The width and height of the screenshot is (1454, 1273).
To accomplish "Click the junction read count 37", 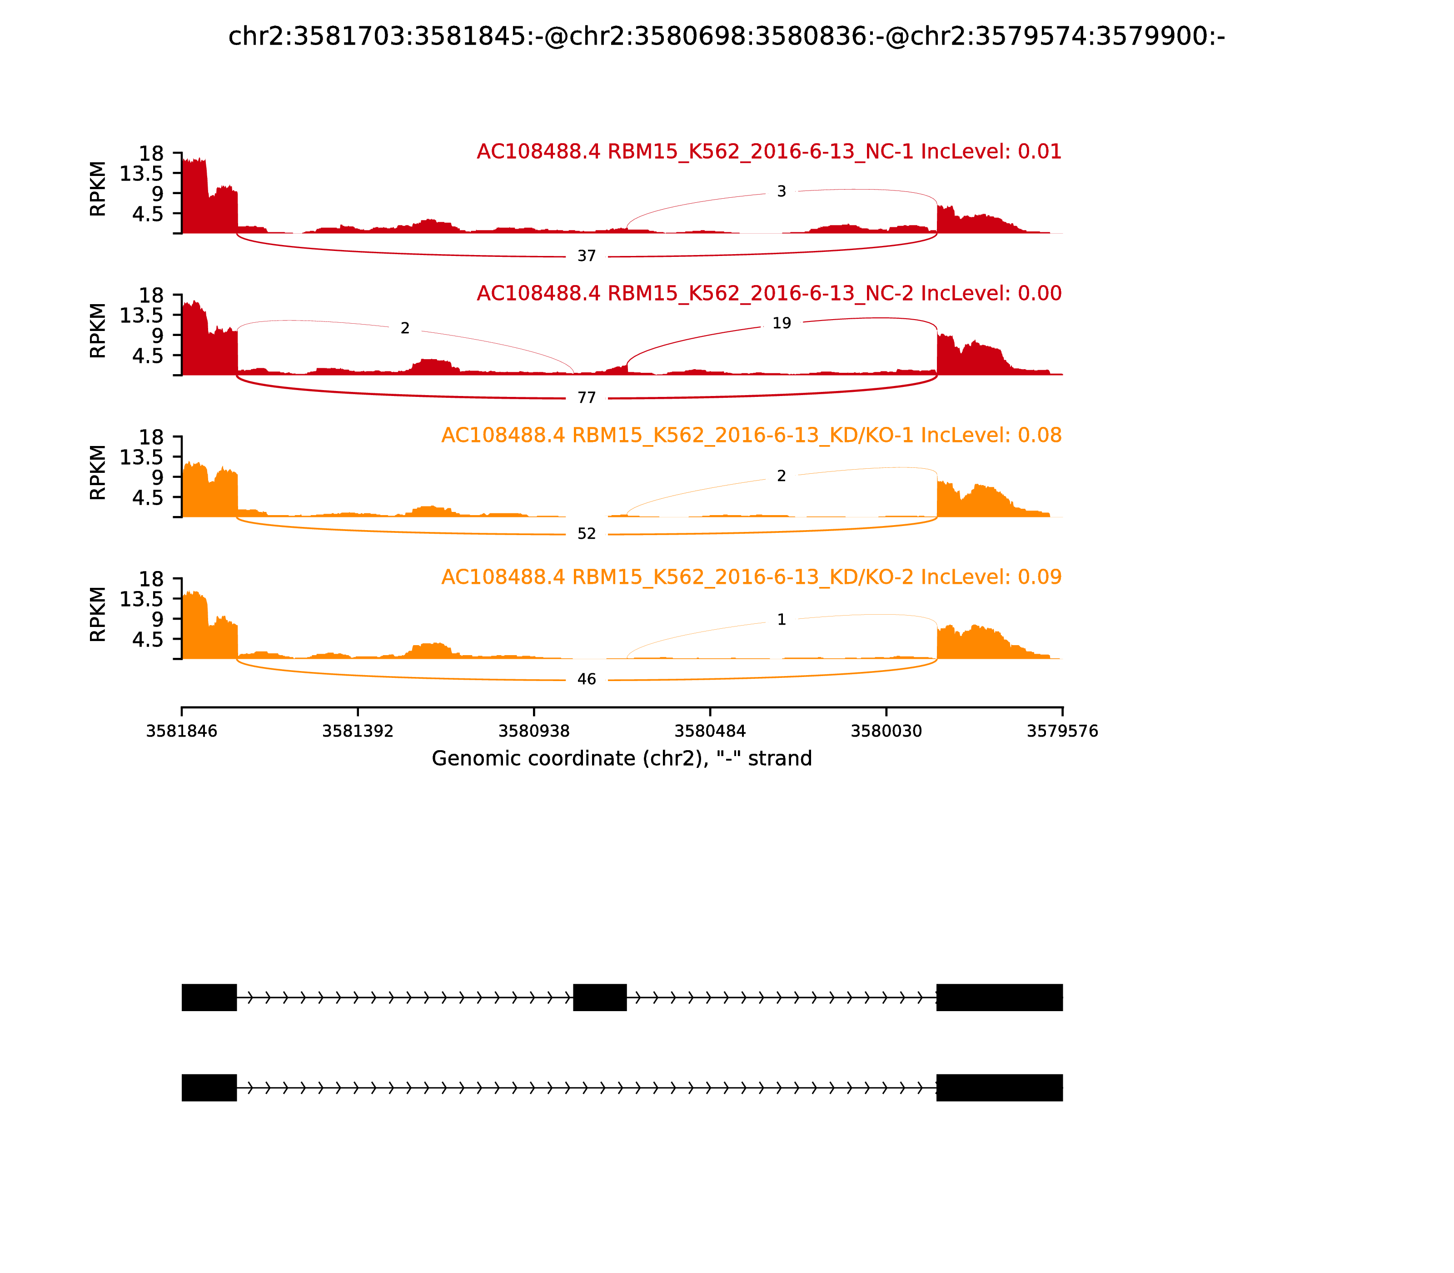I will tap(587, 256).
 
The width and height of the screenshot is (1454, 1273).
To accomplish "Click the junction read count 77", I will tap(587, 398).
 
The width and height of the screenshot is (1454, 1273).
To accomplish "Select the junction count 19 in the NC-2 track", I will tap(781, 323).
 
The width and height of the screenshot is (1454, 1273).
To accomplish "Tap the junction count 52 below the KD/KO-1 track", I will tap(587, 533).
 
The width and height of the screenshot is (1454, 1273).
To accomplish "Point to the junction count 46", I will tap(587, 679).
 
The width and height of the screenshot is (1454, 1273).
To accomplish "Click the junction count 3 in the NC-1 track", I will tap(781, 191).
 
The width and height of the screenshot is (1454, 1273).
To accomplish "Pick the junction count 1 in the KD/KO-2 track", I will tap(781, 619).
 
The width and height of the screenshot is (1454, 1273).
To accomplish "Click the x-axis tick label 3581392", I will tap(358, 731).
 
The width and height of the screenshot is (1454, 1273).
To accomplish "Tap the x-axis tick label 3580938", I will tap(534, 731).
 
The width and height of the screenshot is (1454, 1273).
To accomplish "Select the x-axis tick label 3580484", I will tap(710, 731).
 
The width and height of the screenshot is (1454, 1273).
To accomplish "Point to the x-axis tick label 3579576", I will tap(1062, 731).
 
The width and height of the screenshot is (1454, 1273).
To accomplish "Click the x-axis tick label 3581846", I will tap(182, 731).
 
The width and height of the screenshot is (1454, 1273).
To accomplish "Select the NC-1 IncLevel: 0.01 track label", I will tap(769, 151).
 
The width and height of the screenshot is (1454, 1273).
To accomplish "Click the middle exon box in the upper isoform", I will tap(600, 997).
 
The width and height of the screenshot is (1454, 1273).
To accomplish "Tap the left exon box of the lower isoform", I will tap(209, 1088).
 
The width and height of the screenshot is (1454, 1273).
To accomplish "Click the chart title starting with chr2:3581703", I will tap(726, 36).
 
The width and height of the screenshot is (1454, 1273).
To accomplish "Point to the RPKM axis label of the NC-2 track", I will tap(98, 331).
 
